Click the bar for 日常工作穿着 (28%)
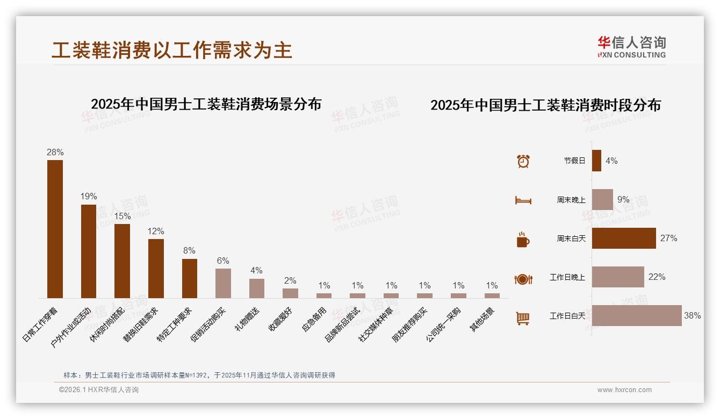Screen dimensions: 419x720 coord(55,229)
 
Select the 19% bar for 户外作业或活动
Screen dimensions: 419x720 coord(89,251)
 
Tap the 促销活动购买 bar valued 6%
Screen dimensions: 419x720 coord(223,283)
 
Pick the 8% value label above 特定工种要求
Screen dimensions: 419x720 coord(189,251)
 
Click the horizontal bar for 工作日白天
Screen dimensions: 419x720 coord(637,316)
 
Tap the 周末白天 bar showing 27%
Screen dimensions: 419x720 coord(624,239)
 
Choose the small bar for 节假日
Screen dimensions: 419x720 coord(596,161)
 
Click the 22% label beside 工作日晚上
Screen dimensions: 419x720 coord(657,277)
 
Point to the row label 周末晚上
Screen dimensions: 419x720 coord(571,200)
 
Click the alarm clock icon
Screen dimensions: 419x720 coord(523,161)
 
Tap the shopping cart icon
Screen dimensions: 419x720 coord(523,318)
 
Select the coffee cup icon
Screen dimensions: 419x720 coord(523,240)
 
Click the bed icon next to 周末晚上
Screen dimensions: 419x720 coord(523,200)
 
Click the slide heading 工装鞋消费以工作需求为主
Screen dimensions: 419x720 coord(172,50)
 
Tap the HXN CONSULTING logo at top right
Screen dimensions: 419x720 coord(631,47)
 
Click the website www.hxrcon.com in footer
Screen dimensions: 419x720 coord(624,390)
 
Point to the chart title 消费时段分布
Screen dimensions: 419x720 coord(545,105)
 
